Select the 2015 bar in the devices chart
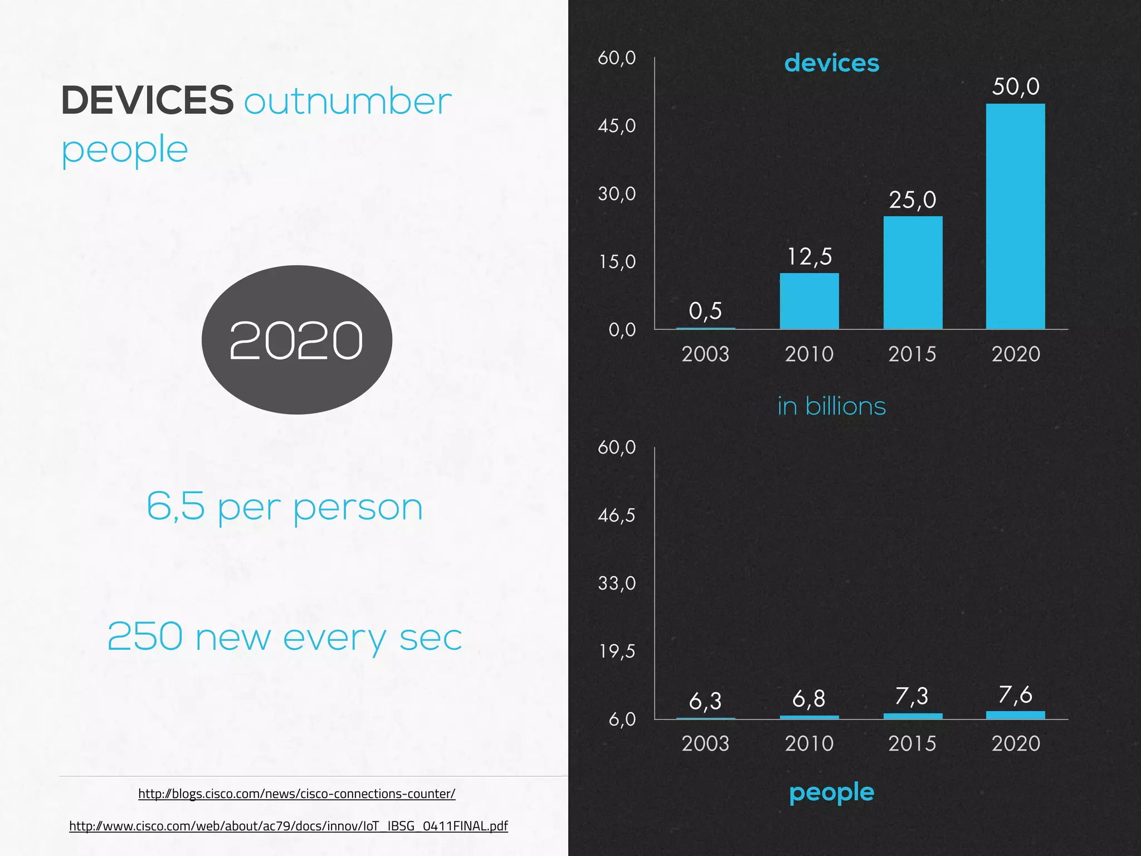913,273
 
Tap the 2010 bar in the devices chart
809,301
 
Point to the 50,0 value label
1016,87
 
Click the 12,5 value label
809,257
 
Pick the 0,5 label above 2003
705,311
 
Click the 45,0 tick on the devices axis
617,126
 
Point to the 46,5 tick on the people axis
617,515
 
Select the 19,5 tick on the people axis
617,651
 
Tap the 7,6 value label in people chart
1015,695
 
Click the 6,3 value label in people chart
705,701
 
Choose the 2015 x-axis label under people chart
912,743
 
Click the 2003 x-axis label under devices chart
705,354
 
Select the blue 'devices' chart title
831,63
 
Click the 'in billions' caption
831,406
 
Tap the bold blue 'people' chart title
831,792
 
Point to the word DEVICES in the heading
147,101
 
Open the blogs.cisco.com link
296,794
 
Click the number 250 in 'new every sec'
145,636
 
